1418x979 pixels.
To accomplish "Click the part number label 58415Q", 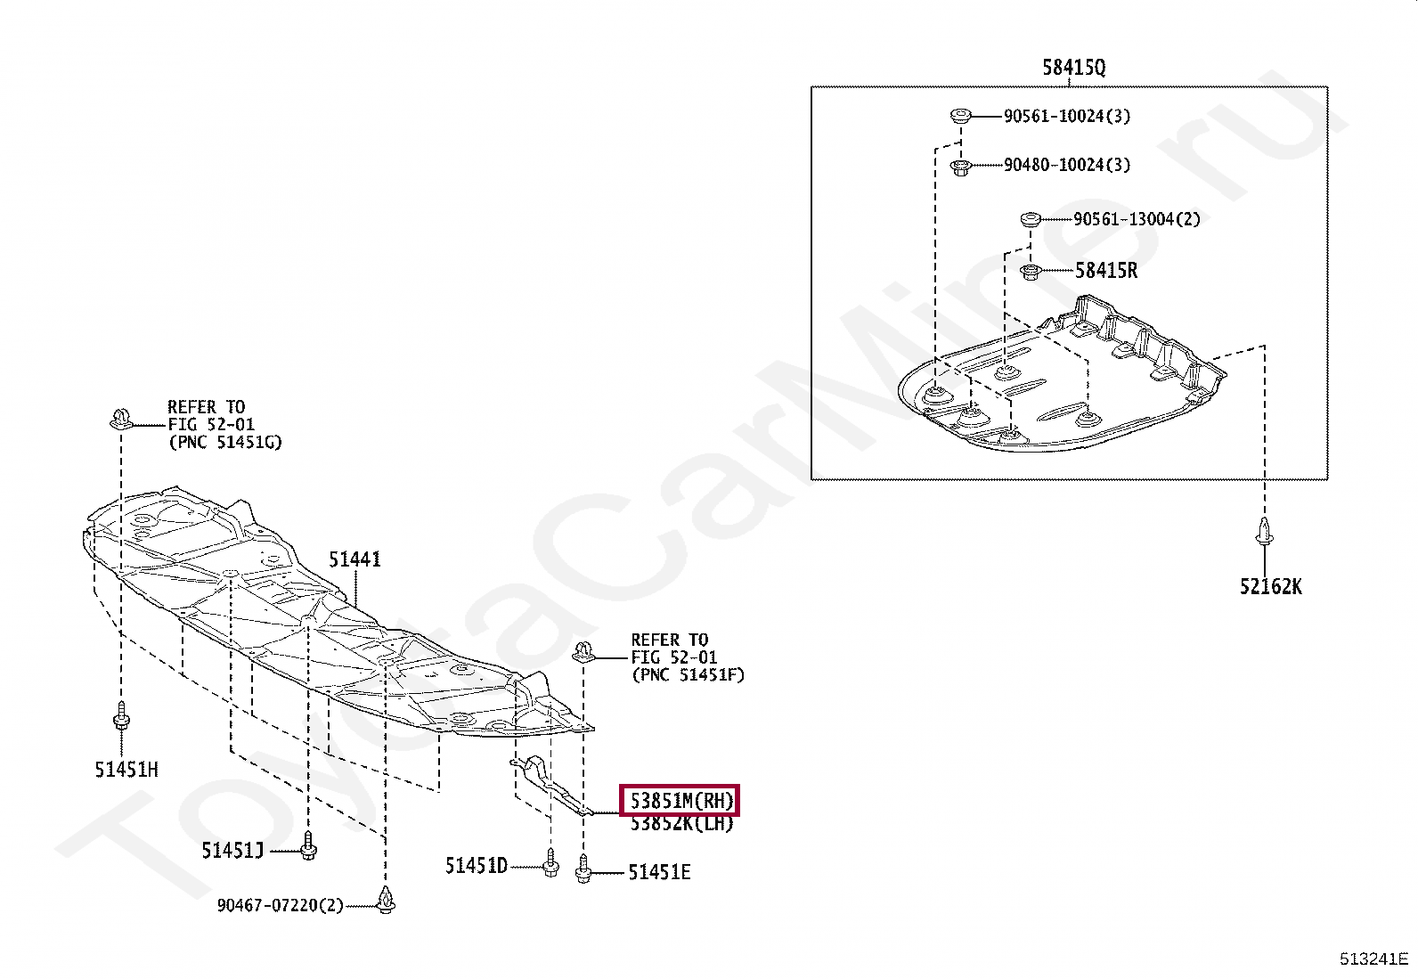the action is (1073, 68).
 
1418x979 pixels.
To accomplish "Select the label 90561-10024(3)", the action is (1066, 116).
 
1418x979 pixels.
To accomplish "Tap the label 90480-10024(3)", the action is (1066, 165).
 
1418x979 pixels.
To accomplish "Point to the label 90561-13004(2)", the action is (1136, 219).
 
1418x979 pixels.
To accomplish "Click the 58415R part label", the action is (1105, 271).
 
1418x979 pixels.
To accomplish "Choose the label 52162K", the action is (1269, 586).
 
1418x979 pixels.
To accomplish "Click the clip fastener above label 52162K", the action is (1264, 532).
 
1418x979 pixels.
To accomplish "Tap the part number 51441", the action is (354, 559).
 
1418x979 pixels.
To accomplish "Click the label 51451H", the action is (126, 770).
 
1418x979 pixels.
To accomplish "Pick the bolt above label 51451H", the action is (121, 715).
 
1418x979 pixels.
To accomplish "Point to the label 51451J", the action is (232, 851).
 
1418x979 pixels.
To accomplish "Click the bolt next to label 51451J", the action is (308, 846).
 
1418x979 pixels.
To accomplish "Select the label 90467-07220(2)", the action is (280, 906).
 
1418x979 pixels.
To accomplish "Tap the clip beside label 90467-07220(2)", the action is (386, 900).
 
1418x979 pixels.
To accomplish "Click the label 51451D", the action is (476, 866).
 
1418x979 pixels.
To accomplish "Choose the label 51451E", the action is (659, 873).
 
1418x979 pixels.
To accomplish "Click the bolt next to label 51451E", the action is (583, 869).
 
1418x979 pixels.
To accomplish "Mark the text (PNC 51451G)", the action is (225, 442).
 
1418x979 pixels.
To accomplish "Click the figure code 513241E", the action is (1373, 959).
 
